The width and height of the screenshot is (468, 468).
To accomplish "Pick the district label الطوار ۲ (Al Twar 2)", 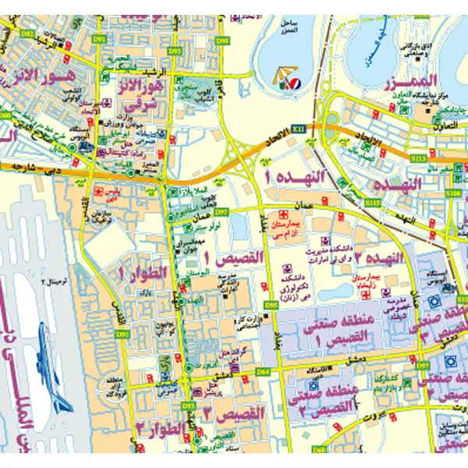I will click(x=161, y=428).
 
